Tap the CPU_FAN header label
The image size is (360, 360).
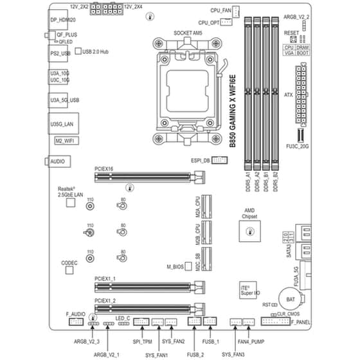221,11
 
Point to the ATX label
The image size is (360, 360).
289,94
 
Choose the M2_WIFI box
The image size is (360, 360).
62,138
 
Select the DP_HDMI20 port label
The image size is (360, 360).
62,20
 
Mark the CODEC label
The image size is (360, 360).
69,263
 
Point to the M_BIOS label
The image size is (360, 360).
175,265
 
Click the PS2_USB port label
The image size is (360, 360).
60,53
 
